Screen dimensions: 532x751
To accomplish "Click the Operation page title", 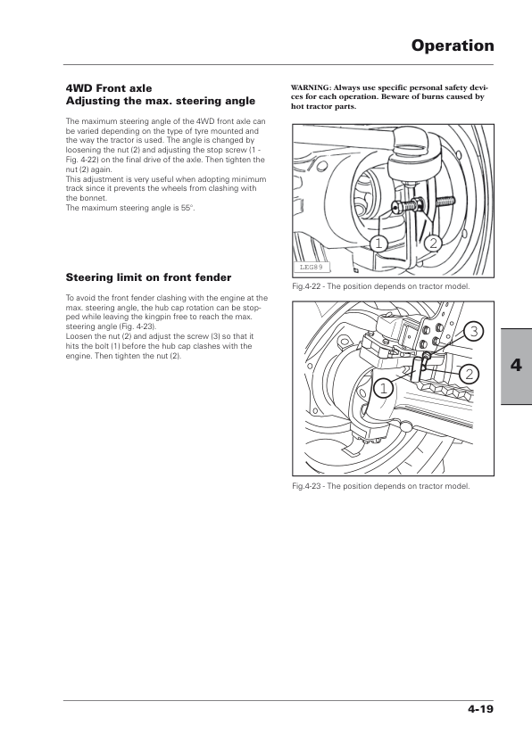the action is [x=453, y=46].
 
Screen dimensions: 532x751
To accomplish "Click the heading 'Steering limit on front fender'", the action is [x=148, y=277].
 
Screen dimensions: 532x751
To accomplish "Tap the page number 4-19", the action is [x=481, y=709].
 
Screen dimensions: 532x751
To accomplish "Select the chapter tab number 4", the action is [x=516, y=365].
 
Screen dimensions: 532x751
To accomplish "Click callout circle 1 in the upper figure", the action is [x=378, y=243].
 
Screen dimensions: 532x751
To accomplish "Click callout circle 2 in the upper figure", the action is [x=433, y=243].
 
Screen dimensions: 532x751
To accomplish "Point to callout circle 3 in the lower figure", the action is [x=473, y=332].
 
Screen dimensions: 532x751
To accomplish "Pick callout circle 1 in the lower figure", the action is [x=383, y=388].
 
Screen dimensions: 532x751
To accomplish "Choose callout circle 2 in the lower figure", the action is [x=470, y=374].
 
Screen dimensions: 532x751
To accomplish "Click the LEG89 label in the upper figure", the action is [x=311, y=268].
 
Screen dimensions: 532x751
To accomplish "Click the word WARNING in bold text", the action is [x=311, y=87].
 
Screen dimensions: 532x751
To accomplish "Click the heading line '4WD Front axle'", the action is [x=109, y=88].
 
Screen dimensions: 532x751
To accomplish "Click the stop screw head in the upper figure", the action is [x=396, y=206].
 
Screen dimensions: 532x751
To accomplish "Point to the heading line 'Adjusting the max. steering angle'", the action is [x=161, y=101].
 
